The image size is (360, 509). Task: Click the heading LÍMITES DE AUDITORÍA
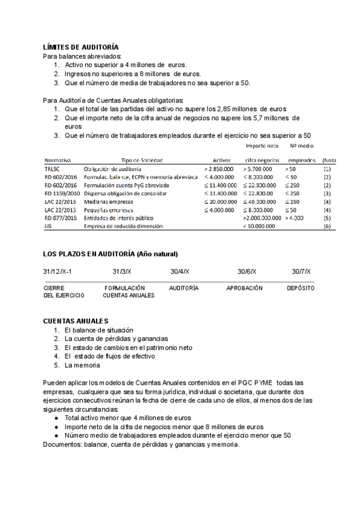81,47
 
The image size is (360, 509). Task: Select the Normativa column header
58,161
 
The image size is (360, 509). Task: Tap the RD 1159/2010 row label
62,194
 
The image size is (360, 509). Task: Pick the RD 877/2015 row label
60,218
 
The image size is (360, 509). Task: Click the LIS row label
48,226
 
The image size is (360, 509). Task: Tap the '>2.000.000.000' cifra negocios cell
262,218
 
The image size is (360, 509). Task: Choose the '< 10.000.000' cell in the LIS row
259,226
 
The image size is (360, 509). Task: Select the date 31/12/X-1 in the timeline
58,272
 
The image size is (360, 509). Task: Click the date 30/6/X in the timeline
247,272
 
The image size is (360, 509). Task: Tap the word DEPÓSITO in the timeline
301,288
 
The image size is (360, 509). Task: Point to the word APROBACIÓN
244,288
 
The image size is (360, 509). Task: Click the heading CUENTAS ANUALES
76,322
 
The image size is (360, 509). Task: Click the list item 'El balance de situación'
98,330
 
